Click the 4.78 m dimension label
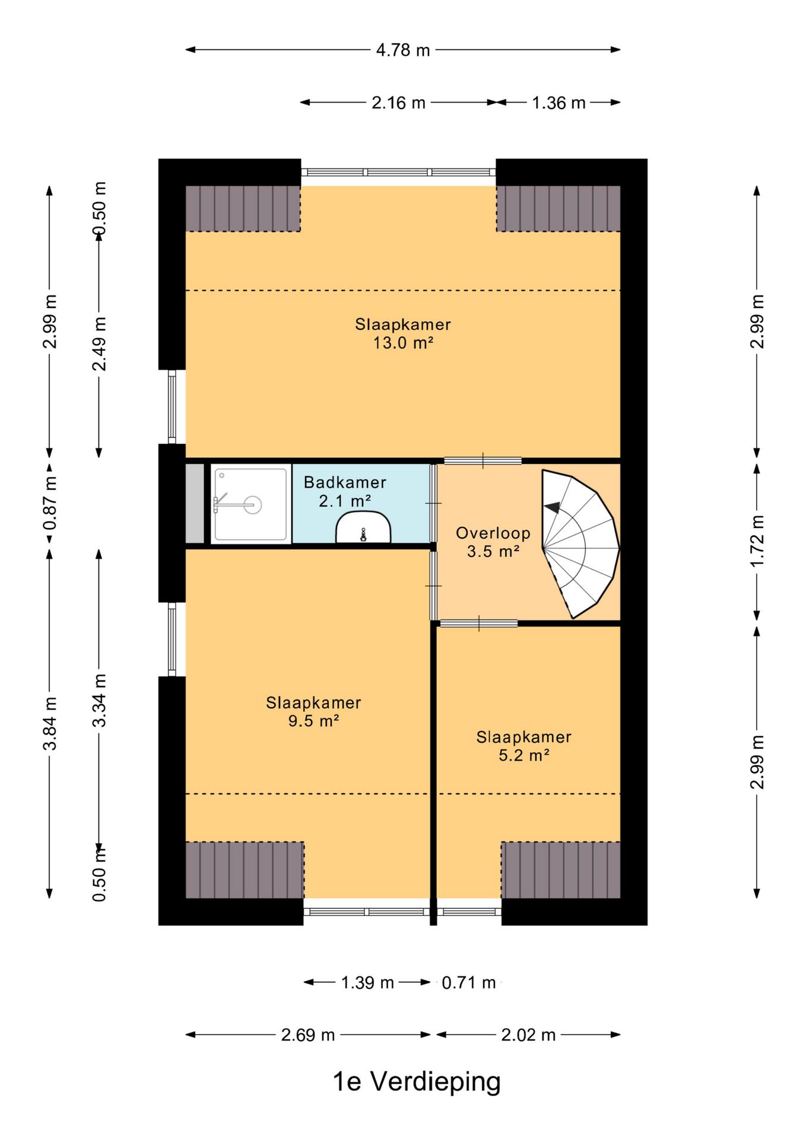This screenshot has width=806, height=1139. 402,50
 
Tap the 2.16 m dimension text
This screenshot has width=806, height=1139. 398,103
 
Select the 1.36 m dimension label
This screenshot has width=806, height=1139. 559,103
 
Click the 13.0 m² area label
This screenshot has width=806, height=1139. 403,343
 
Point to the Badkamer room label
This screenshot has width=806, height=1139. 345,482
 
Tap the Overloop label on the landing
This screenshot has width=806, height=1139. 493,533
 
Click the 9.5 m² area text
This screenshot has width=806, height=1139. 313,721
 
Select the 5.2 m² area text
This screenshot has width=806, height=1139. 523,755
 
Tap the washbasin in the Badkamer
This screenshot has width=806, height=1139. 363,528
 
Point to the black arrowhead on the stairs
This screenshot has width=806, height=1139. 553,507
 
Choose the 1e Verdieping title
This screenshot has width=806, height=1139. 417,1081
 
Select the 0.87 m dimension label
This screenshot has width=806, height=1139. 50,503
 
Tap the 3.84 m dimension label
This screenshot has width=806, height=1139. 50,723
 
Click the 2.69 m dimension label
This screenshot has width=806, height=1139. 308,1035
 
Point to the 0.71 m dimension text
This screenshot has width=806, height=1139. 468,982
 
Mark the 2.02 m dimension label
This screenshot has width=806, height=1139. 528,1035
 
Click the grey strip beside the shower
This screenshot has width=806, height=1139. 195,504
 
